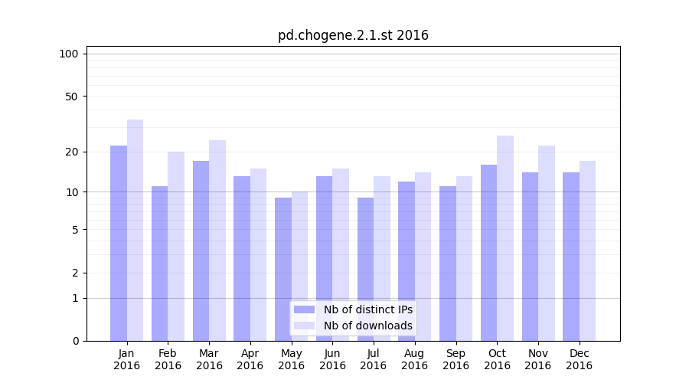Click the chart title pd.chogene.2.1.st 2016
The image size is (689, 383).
(x=353, y=35)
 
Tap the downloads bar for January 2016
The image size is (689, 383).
(x=136, y=230)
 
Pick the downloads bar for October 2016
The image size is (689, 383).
(x=505, y=238)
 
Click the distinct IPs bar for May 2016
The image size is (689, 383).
(x=283, y=269)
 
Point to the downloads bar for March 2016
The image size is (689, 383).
(x=217, y=241)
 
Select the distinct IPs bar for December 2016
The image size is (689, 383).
(x=571, y=257)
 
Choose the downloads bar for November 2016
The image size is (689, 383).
(x=547, y=243)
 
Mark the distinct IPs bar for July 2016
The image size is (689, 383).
(x=366, y=269)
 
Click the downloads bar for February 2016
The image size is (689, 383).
(x=176, y=246)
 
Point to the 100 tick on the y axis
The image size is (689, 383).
(x=69, y=54)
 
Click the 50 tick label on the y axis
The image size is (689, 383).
(x=72, y=97)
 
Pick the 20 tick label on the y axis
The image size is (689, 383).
(x=72, y=152)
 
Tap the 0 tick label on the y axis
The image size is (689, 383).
(x=75, y=341)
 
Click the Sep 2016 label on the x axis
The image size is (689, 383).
(x=456, y=359)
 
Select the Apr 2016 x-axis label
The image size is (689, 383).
(x=250, y=359)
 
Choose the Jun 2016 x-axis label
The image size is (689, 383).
(x=332, y=359)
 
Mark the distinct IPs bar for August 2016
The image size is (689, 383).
(x=407, y=261)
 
